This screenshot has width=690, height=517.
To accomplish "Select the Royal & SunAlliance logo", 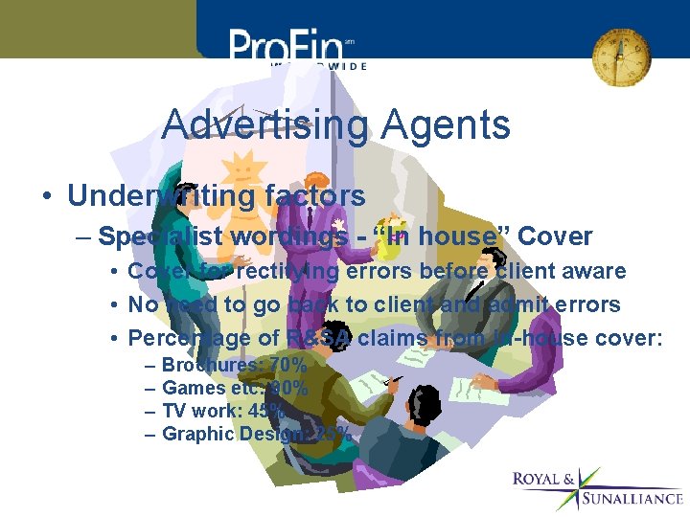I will tap(596, 488).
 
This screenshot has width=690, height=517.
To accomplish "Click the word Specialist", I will tap(159, 236).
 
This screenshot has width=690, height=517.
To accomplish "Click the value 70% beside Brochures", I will tap(287, 365).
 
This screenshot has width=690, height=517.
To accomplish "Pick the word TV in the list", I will tap(175, 411).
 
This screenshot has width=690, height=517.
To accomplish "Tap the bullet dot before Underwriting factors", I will tap(46, 197).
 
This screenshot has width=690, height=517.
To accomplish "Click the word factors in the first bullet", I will tap(315, 196).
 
